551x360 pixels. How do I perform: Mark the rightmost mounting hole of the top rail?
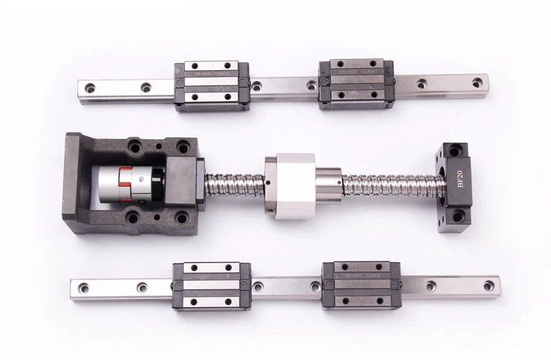tap(477, 83)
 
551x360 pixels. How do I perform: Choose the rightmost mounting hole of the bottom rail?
tap(489, 284)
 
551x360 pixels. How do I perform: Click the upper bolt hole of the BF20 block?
tap(456, 150)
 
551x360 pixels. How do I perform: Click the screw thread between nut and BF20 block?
tap(389, 184)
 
